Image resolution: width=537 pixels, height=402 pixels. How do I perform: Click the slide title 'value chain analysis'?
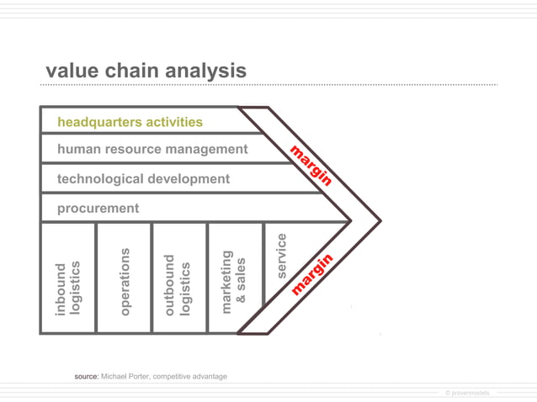[x=146, y=71]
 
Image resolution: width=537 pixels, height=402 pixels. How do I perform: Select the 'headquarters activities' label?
[x=130, y=122]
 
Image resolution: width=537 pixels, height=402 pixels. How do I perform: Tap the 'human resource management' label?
[x=152, y=150]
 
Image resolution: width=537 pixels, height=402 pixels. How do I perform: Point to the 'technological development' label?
[x=143, y=179]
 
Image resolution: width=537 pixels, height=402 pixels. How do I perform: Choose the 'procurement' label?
[x=98, y=208]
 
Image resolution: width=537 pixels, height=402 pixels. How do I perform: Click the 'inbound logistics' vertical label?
[x=67, y=288]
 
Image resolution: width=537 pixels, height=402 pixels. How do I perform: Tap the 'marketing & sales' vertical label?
[x=234, y=281]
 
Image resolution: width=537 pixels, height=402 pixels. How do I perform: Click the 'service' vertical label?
[x=282, y=256]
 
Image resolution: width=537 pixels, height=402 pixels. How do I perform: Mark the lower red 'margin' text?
[x=312, y=274]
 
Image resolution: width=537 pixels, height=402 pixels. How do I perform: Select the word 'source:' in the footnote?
[x=87, y=377]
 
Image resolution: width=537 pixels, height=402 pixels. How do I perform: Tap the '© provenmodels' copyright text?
[x=466, y=393]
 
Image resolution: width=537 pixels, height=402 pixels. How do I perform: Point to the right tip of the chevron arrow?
[x=380, y=222]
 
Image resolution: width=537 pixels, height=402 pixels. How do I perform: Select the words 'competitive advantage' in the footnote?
[x=192, y=377]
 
